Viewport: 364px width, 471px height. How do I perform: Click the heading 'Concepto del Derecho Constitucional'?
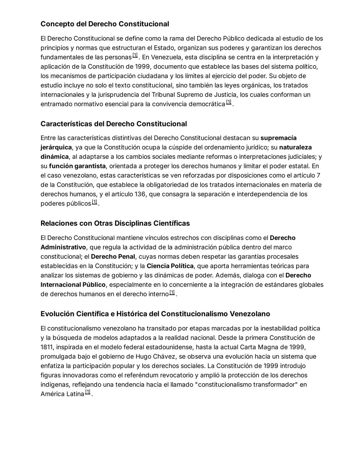click(x=105, y=24)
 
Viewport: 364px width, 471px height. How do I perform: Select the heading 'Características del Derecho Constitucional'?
click(x=114, y=124)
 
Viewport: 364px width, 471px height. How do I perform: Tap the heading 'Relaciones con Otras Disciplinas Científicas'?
click(x=115, y=223)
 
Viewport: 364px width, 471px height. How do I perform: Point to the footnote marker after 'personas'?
click(x=135, y=55)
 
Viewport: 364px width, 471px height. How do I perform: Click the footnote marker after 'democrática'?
click(x=229, y=102)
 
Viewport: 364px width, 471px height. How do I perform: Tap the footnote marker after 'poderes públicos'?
click(x=94, y=202)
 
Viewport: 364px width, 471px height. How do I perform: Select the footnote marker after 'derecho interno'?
click(x=172, y=292)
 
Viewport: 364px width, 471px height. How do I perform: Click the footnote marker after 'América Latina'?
click(x=88, y=392)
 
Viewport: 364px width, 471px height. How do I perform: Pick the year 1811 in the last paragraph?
click(x=47, y=347)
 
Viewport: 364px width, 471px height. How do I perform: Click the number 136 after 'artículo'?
click(x=140, y=194)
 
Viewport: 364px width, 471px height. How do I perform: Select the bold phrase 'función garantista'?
click(x=77, y=166)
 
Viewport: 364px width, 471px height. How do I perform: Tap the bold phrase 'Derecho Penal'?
click(x=113, y=257)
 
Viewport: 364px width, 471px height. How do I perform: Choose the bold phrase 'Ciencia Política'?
click(x=170, y=266)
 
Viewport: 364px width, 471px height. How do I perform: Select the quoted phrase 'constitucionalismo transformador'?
click(x=246, y=385)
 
